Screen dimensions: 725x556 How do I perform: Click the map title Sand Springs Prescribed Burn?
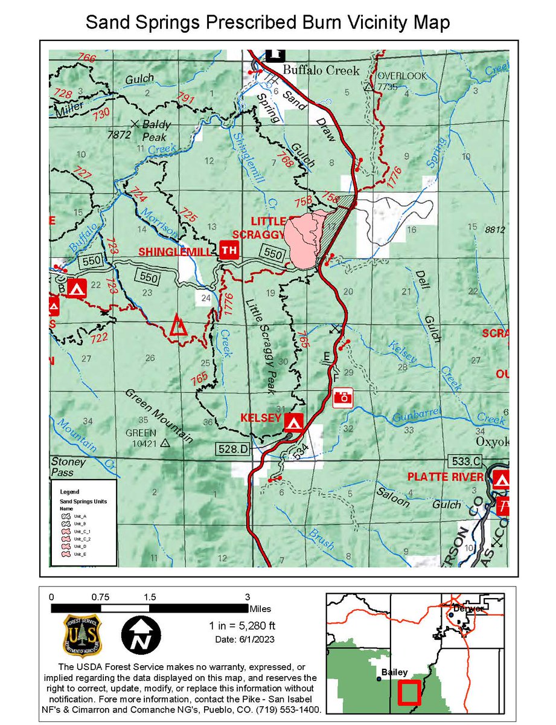coord(267,23)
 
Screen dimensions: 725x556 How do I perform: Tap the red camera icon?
coord(343,397)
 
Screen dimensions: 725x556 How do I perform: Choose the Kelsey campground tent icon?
coord(294,421)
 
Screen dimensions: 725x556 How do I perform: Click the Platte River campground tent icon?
coord(501,480)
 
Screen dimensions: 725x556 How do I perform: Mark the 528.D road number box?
coord(232,449)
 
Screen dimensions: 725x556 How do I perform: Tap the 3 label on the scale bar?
coord(247,596)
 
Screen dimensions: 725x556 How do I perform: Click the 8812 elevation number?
coord(494,230)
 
